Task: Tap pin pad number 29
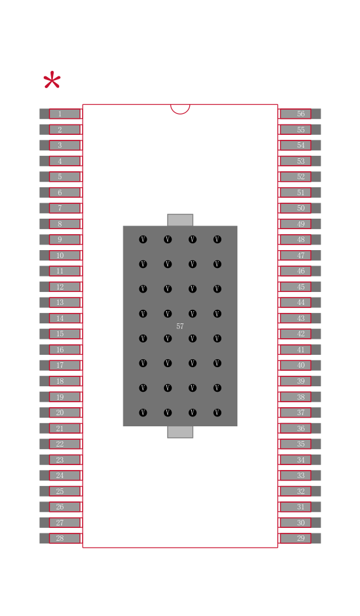click(x=300, y=538)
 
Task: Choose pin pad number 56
click(x=300, y=114)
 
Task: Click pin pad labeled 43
click(x=300, y=318)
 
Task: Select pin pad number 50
click(x=300, y=208)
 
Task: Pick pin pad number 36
click(x=300, y=428)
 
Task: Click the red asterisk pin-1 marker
click(x=52, y=81)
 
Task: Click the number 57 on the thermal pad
click(x=180, y=326)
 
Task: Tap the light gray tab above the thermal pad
click(x=180, y=220)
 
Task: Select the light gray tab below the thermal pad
click(x=180, y=432)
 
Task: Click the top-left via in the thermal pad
click(x=143, y=239)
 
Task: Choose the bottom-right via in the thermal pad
click(x=218, y=413)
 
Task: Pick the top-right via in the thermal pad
click(x=218, y=239)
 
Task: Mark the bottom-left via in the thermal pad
click(x=143, y=413)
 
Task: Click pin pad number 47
click(x=300, y=256)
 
